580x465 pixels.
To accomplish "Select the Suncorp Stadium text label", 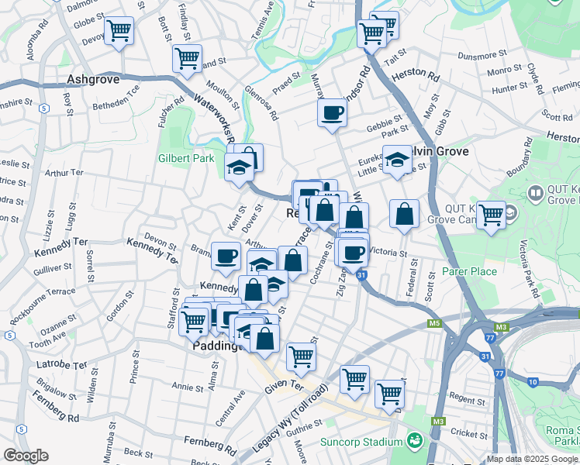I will [x=361, y=443].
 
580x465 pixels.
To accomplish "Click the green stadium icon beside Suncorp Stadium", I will [x=415, y=441].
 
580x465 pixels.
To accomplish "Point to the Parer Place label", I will [x=469, y=271].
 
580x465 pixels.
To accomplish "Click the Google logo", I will [x=26, y=456].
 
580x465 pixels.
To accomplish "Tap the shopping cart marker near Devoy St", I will [x=119, y=32].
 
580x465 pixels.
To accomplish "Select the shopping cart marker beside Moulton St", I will [x=187, y=57].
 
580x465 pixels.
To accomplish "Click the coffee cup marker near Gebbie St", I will [x=332, y=113].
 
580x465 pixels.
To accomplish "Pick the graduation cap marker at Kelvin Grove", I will [x=397, y=160].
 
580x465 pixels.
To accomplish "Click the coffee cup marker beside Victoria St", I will [x=354, y=252].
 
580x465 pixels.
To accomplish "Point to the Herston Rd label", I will [x=414, y=72].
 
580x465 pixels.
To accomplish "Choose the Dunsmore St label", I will [x=482, y=55].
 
